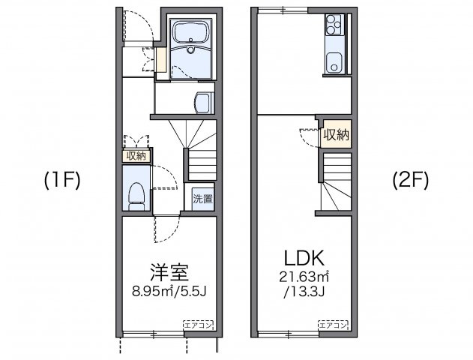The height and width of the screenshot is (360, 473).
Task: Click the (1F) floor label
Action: [x=61, y=180]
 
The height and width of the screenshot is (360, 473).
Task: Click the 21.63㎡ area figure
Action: [x=303, y=277]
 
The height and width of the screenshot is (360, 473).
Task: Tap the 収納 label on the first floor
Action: [x=136, y=156]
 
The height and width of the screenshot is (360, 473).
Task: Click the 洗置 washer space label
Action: [x=202, y=199]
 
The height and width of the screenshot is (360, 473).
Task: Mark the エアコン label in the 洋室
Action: [x=199, y=325]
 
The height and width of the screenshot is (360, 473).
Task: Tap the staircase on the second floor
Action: [x=337, y=180]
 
